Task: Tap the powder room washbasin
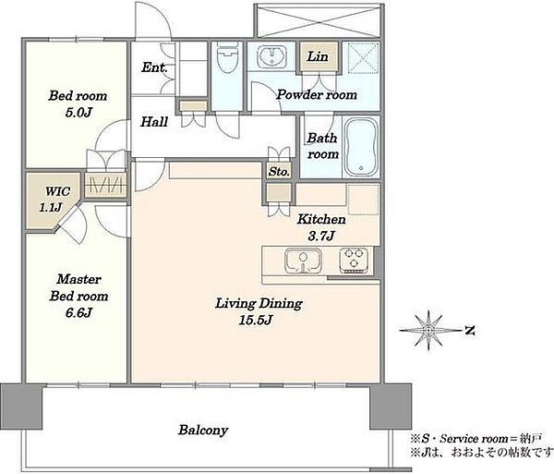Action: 271,56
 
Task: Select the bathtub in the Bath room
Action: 361,147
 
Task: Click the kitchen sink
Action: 303,261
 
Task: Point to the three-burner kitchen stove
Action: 354,261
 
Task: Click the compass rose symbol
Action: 428,331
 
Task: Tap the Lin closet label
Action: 318,56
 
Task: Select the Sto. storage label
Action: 279,172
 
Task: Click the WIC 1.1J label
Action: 55,200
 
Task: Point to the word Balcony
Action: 203,431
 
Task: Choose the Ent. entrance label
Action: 154,67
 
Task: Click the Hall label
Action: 154,122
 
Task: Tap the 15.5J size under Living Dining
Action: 256,321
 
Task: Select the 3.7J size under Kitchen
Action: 320,236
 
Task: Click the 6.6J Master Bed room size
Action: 78,313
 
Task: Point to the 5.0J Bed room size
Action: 78,113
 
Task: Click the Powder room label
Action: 317,94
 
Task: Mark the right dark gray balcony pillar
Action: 391,407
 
